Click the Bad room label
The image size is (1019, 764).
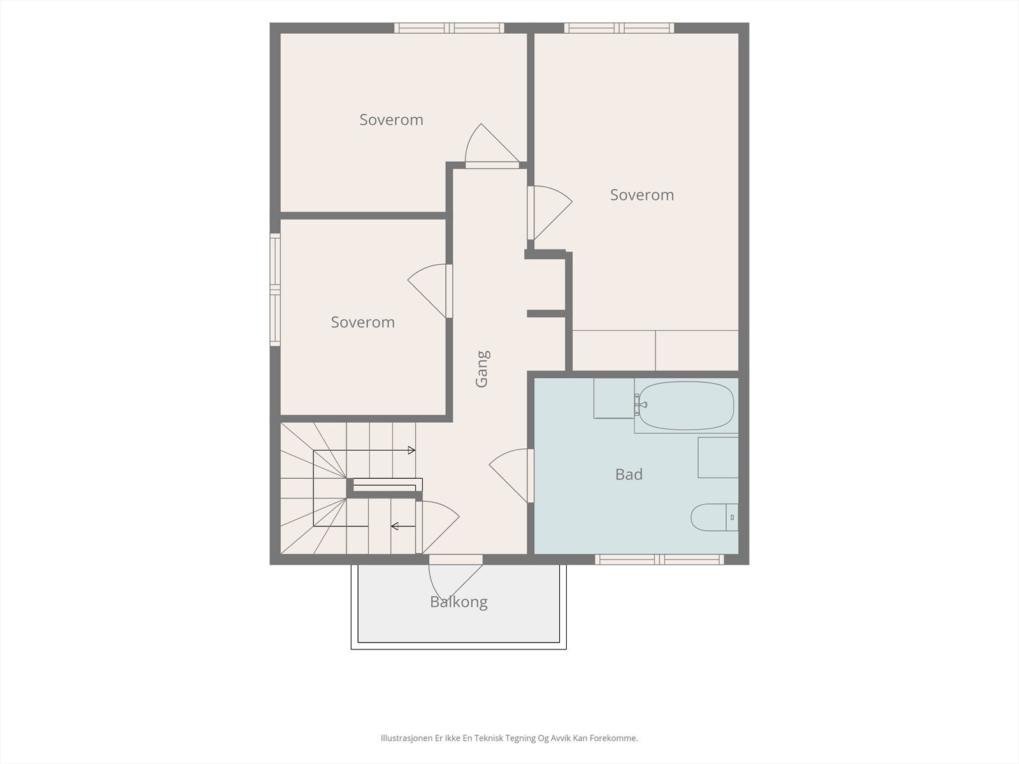click(629, 474)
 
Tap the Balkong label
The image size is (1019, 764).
click(459, 602)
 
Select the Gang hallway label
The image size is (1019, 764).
click(482, 369)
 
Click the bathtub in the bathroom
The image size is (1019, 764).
click(686, 406)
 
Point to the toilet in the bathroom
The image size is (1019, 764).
click(714, 517)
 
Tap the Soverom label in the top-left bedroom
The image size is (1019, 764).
click(391, 120)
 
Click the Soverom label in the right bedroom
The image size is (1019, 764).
click(642, 195)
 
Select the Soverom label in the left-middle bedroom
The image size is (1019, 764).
click(362, 322)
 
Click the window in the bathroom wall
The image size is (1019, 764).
click(659, 560)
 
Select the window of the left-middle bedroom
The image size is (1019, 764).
click(275, 290)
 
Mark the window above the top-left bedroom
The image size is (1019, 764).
click(449, 28)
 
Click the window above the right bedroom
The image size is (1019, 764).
click(619, 28)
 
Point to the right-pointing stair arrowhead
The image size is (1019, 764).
click(411, 450)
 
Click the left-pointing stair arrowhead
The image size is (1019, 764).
click(395, 526)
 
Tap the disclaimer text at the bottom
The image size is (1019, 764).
click(509, 738)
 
